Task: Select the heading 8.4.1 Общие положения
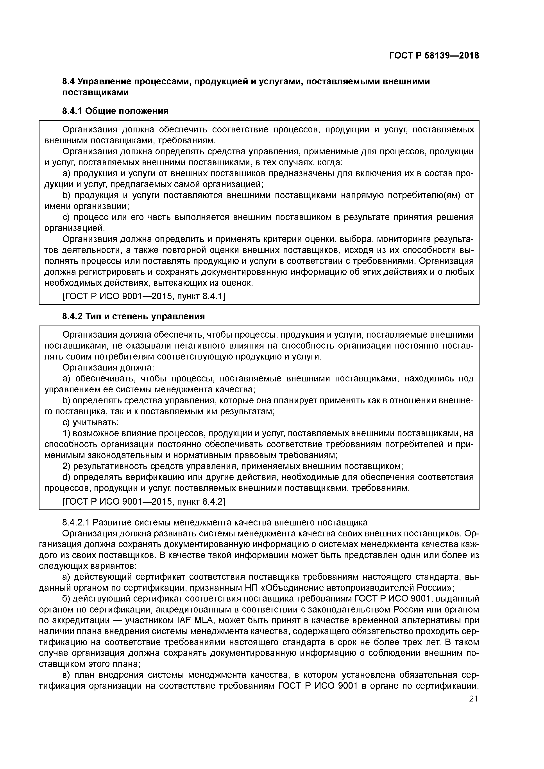coord(115,111)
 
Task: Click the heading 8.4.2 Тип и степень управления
coord(133,316)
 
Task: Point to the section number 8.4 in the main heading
coord(69,81)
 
